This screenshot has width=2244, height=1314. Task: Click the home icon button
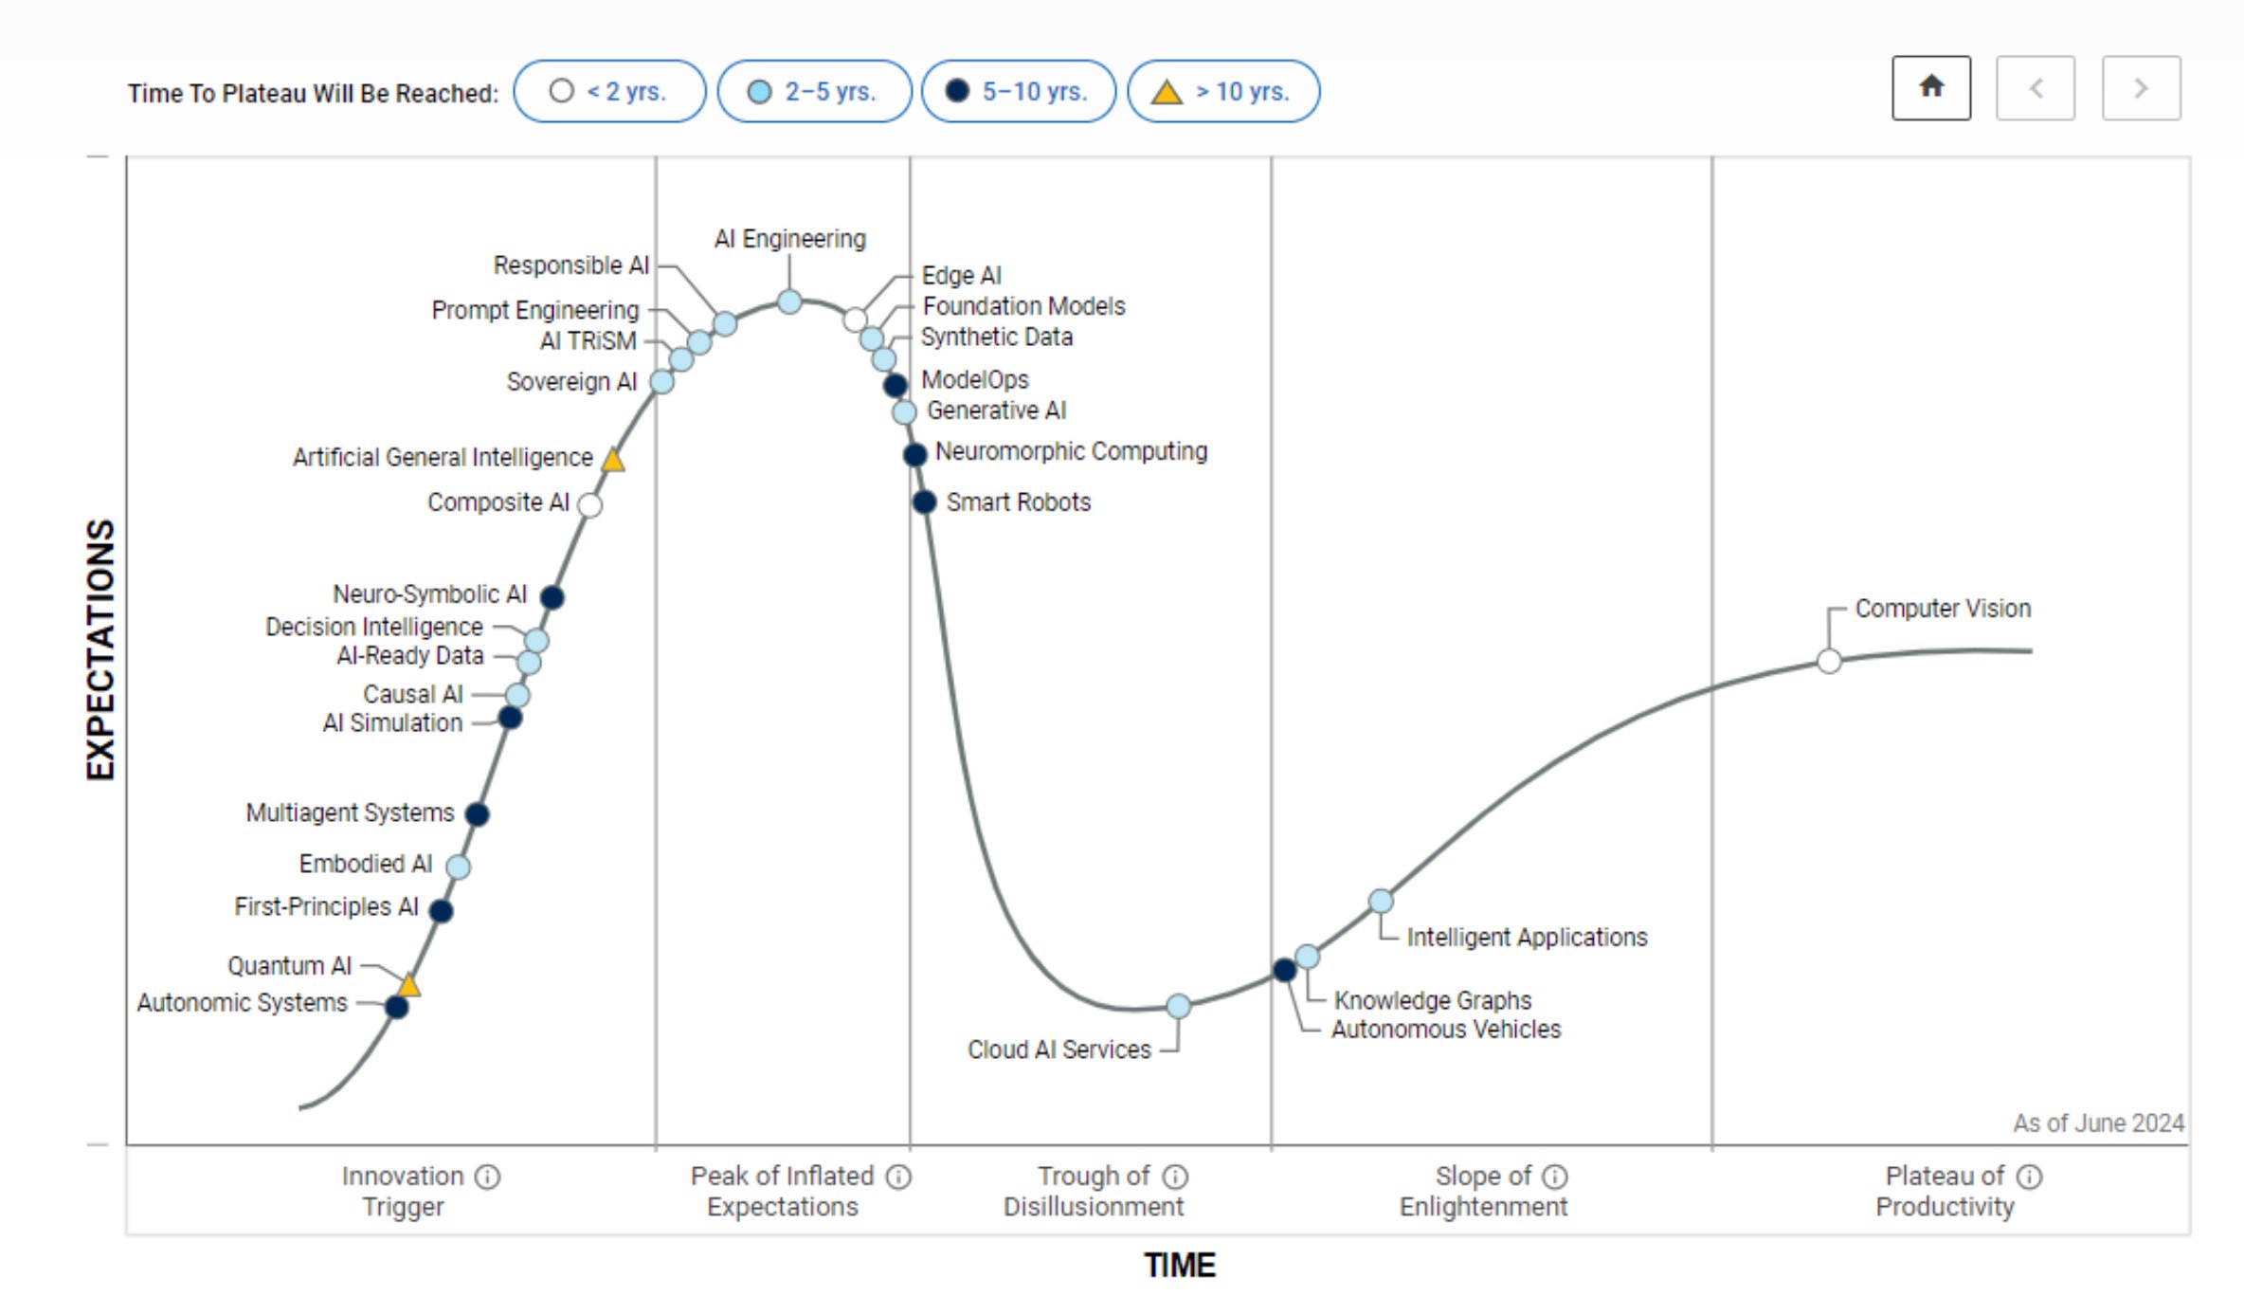[x=1931, y=88]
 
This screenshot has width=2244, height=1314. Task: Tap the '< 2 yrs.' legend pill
[x=609, y=91]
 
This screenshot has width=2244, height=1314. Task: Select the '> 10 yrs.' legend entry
[x=1223, y=91]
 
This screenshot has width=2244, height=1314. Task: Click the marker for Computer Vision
[x=1829, y=661]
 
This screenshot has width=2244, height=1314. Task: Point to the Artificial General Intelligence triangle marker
[x=613, y=460]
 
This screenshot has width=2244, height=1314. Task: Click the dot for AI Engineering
[x=789, y=301]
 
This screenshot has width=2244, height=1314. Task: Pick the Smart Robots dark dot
[x=924, y=502]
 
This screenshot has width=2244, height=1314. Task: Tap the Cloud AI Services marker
[x=1178, y=1006]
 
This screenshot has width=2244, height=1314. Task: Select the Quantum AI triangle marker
[x=408, y=985]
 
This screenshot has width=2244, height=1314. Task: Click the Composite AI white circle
[x=589, y=505]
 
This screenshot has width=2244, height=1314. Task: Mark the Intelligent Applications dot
[x=1381, y=901]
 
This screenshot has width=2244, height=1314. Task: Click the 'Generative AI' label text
[x=996, y=411]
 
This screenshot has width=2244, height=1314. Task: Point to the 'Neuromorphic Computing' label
[x=1071, y=451]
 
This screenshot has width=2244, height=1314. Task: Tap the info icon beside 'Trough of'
[x=1175, y=1177]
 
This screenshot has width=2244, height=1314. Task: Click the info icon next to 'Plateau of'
[x=2029, y=1177]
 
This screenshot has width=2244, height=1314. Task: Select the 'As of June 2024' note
[x=2098, y=1123]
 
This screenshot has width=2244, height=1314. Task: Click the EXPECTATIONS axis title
[x=100, y=649]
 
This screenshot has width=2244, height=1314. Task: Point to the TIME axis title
[x=1179, y=1266]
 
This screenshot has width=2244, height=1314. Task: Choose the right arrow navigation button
[x=2141, y=88]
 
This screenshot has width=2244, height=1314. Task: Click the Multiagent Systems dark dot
[x=477, y=813]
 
